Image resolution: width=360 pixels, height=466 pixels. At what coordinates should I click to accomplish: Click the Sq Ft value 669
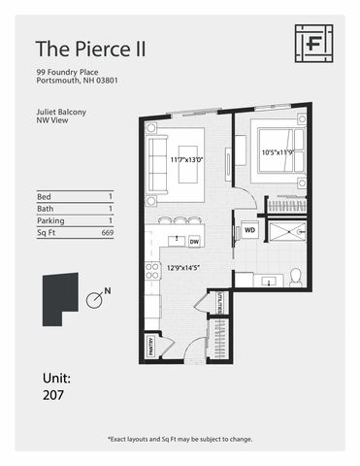pyautogui.click(x=107, y=234)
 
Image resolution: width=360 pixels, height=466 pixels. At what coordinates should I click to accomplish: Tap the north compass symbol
pyautogui.click(x=95, y=299)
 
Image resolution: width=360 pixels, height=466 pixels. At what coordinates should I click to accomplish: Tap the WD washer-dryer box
pyautogui.click(x=249, y=231)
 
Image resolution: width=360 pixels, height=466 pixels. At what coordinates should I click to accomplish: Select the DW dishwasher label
pyautogui.click(x=194, y=242)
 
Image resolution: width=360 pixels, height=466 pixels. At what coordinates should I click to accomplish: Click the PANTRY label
pyautogui.click(x=151, y=343)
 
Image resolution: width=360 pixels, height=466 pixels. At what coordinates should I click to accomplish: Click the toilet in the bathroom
pyautogui.click(x=297, y=279)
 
